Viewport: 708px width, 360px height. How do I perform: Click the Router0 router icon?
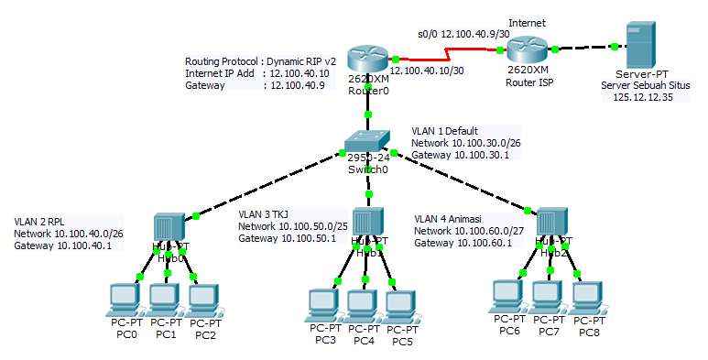click(x=368, y=61)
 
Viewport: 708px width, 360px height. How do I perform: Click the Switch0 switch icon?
click(x=367, y=144)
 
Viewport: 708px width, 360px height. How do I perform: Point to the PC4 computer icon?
click(x=363, y=304)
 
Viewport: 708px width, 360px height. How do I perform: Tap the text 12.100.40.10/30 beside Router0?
click(x=426, y=71)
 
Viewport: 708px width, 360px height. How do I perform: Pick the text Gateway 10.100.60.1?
click(x=463, y=243)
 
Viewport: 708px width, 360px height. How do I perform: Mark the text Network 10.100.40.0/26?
click(x=69, y=234)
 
